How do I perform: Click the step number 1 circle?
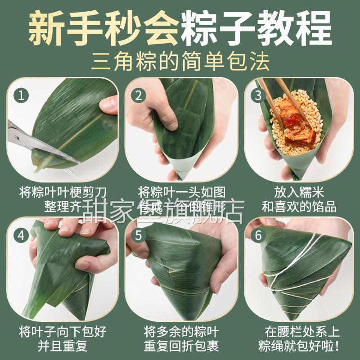click(x=20, y=95)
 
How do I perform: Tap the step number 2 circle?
click(x=139, y=95)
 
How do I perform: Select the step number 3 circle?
click(x=258, y=95)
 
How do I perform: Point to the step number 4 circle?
click(x=20, y=235)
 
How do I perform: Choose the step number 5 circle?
click(x=139, y=235)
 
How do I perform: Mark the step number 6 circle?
click(x=258, y=235)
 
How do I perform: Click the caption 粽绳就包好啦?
click(x=299, y=347)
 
